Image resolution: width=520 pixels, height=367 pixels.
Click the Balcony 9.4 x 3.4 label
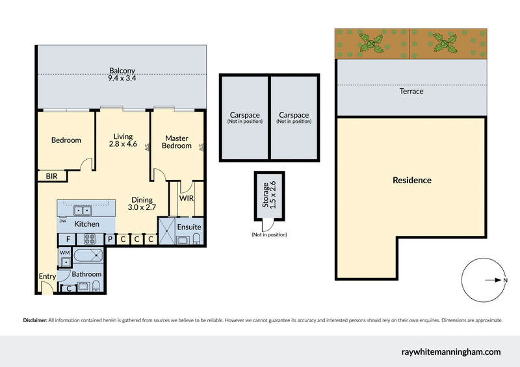coord(122,75)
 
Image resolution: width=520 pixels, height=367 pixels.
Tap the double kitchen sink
coord(83,210)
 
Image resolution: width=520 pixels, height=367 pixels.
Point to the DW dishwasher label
coord(63,221)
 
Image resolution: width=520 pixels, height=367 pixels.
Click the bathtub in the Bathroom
coord(87,255)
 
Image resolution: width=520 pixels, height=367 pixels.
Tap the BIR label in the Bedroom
coord(50,175)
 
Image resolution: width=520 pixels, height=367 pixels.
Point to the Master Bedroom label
coord(177,142)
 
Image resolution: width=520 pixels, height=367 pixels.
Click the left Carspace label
coord(244,117)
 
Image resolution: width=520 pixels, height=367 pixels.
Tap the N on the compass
coord(505,281)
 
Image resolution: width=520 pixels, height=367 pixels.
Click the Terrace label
coord(411,92)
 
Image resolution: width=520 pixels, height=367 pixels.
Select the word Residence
coord(411,180)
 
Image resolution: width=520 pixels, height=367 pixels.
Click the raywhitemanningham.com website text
coord(451,351)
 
